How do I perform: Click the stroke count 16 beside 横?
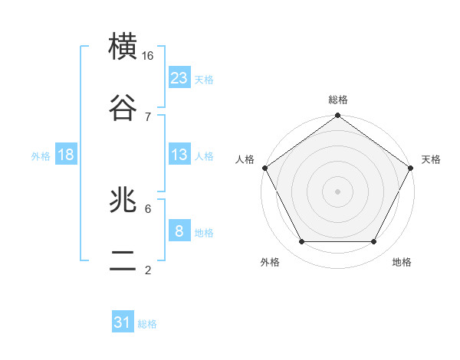point(148,56)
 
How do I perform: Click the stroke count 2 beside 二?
point(148,269)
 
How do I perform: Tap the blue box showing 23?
point(179,78)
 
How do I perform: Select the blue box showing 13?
point(179,155)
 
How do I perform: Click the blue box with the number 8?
point(179,231)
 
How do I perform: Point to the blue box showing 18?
point(66,155)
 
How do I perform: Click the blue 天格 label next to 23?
point(204,79)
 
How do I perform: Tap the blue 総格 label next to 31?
point(147,324)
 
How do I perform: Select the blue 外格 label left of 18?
point(41,155)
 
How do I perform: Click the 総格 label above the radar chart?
point(338,100)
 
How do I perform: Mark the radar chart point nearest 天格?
point(411,168)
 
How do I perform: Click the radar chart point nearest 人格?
point(265,168)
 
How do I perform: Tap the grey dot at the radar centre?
point(338,191)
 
